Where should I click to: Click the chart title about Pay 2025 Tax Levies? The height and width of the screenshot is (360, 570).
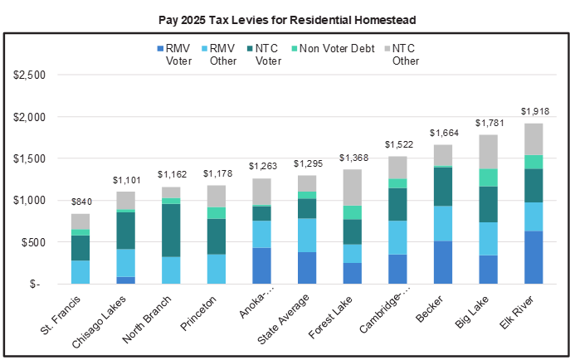point(285,15)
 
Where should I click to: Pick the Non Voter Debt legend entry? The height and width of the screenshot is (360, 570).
point(340,48)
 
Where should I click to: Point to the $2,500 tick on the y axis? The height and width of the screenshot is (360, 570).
point(30,75)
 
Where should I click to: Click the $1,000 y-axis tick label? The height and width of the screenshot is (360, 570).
point(30,200)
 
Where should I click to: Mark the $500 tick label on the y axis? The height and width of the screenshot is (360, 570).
point(34,242)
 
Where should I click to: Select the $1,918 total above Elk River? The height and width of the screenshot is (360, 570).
point(533,111)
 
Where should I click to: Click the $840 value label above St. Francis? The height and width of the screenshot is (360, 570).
point(80,202)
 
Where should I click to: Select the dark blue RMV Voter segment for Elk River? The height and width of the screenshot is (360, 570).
point(533,257)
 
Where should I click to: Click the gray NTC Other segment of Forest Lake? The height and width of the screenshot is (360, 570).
point(352,187)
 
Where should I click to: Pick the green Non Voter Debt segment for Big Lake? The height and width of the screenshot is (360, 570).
point(488,178)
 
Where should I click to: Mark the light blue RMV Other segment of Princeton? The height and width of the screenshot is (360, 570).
point(217,269)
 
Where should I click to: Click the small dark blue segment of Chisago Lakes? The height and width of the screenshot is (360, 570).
point(126,280)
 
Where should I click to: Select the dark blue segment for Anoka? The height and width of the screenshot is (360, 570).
point(261,265)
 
